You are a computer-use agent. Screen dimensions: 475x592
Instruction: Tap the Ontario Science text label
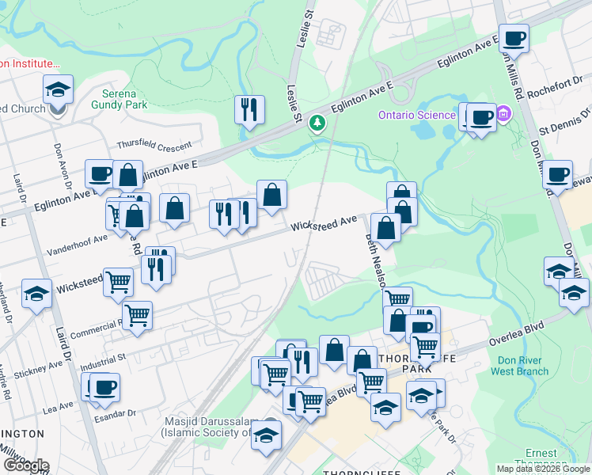click(416, 115)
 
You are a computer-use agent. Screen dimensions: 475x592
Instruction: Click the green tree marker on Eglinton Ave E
click(317, 123)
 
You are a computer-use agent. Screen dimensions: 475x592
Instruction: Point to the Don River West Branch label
click(520, 365)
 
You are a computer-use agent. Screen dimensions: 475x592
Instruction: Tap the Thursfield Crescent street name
click(154, 145)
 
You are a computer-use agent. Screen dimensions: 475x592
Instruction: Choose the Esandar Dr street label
click(115, 413)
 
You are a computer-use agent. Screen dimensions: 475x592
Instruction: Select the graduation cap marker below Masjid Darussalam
click(267, 435)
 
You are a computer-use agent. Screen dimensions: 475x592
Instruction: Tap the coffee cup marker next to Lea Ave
click(105, 387)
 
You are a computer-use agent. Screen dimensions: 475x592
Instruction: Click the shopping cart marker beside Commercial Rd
click(137, 315)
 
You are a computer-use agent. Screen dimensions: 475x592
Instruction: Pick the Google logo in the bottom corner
click(25, 465)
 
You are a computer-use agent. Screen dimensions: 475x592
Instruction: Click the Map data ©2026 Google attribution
click(542, 469)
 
